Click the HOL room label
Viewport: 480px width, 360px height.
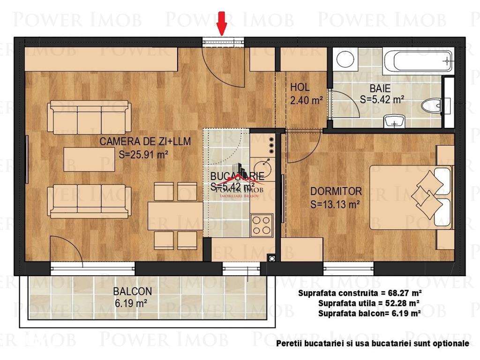300,87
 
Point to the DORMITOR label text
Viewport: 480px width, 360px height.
336,191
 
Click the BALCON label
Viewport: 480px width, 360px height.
126,291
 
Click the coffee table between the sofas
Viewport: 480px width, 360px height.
90,159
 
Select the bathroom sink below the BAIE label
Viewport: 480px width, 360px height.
393,121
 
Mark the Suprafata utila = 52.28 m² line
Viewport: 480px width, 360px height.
368,304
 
